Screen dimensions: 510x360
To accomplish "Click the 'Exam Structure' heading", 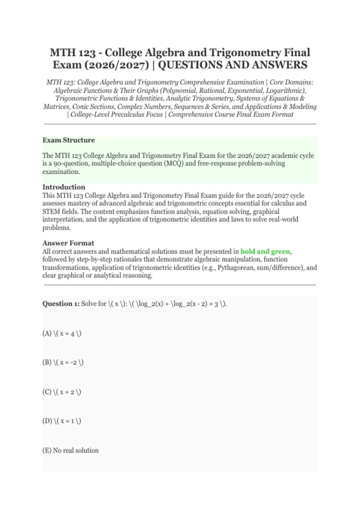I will coord(68,140).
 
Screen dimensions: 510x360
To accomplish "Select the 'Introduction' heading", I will coord(64,187).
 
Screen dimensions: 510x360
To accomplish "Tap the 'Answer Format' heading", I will coord(68,243).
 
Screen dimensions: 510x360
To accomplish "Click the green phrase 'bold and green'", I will coord(265,251).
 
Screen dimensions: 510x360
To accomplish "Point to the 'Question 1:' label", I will coord(61,304).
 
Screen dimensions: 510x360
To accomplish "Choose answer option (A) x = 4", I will coord(62,333).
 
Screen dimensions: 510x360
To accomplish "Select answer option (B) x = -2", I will coord(63,362).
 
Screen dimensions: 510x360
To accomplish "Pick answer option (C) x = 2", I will coord(62,392).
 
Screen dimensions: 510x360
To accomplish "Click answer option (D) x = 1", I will coord(62,421).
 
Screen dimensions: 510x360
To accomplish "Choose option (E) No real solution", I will coord(70,450).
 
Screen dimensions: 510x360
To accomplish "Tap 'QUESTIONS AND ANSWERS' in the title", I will coord(232,65).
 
